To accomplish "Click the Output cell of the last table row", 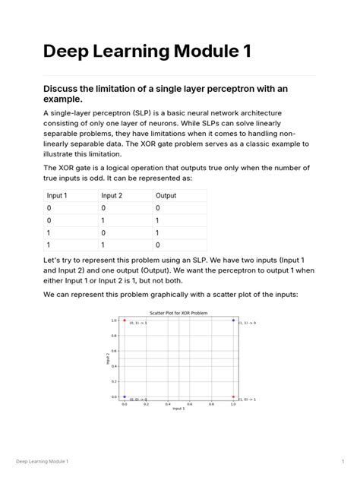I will (157, 245).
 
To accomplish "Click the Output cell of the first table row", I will (157, 207).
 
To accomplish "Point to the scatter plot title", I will (178, 313).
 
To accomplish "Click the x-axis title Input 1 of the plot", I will (178, 409).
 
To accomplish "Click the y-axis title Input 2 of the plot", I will (109, 358).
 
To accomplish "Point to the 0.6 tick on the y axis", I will (114, 350).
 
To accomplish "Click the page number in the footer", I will (344, 462).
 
